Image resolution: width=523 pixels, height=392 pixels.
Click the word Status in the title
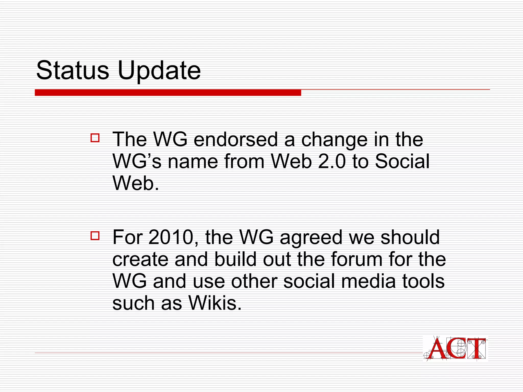coord(73,70)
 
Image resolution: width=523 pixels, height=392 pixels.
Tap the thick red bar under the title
coord(168,93)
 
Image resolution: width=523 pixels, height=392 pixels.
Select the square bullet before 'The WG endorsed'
coord(95,138)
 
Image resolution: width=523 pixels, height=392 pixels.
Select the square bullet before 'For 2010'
coord(95,235)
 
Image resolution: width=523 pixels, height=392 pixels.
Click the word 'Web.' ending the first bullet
coord(136,183)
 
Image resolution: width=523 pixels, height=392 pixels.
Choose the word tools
coord(423,281)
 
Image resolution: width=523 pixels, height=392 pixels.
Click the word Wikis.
coord(215,303)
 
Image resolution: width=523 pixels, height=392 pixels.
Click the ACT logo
coord(455,349)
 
